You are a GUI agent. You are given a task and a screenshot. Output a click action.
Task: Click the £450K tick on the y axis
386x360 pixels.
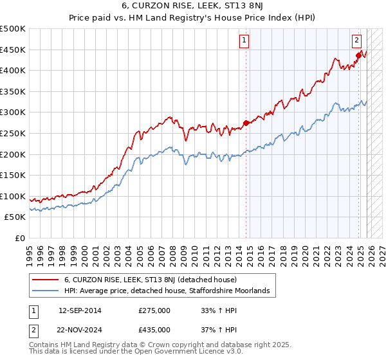13,50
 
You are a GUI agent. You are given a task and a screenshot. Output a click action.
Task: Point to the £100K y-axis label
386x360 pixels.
13,196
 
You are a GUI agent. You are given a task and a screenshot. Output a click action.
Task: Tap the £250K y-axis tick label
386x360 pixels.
13,133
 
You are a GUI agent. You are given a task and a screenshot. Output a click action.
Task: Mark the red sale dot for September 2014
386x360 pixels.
246,123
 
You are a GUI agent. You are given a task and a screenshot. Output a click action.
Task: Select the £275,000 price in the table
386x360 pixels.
154,310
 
